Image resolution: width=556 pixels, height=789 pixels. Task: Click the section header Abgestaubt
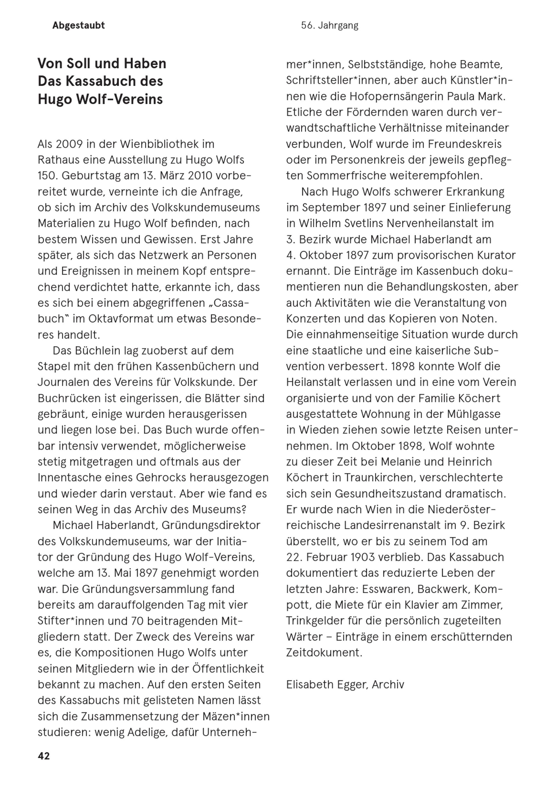[x=78, y=26]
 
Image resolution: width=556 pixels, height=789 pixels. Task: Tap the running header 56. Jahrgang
[x=329, y=26]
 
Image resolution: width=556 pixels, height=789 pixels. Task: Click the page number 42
[x=44, y=756]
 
